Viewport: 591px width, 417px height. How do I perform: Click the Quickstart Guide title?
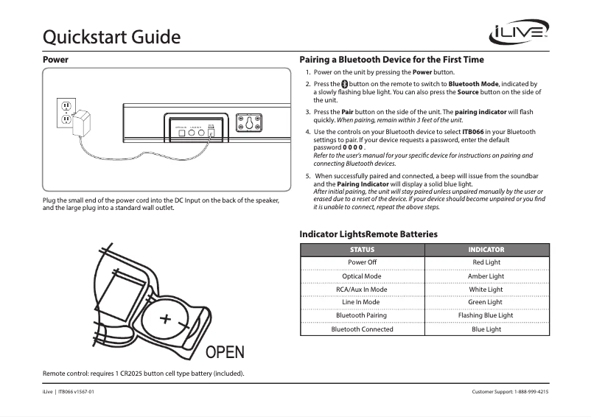[112, 35]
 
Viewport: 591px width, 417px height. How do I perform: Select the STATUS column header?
[362, 250]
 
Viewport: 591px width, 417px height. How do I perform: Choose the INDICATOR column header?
[486, 250]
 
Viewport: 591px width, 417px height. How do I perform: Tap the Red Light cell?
[486, 262]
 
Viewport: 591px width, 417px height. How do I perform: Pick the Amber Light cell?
[486, 276]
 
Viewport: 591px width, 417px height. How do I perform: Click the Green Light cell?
[486, 302]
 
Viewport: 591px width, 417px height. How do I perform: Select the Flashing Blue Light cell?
[486, 315]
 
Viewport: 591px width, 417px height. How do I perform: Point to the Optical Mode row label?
[362, 276]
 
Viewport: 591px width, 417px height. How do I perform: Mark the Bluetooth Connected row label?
[362, 329]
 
